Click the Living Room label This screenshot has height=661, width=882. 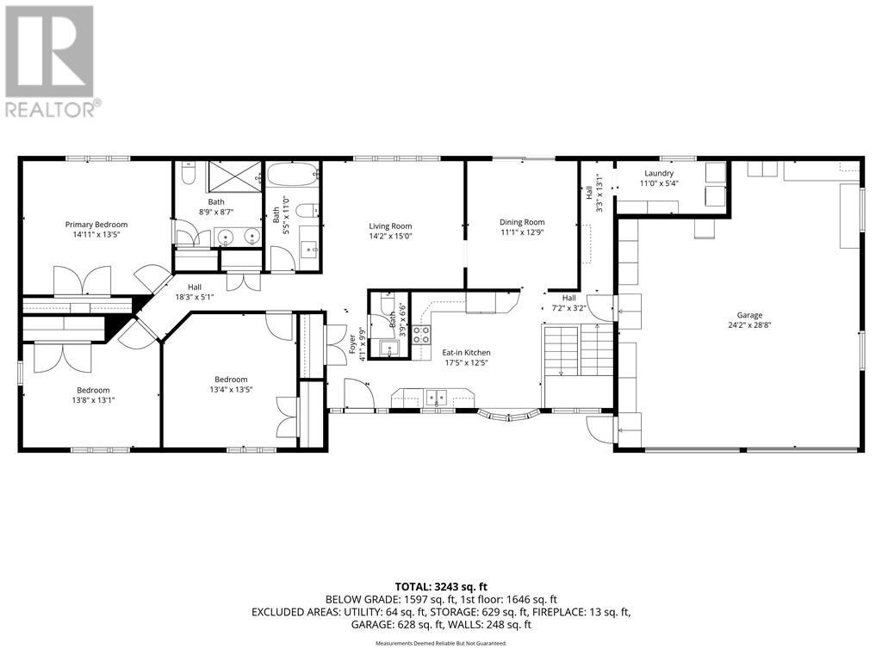pyautogui.click(x=391, y=226)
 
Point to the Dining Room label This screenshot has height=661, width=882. pyautogui.click(x=522, y=222)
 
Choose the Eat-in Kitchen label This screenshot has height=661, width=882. pyautogui.click(x=466, y=353)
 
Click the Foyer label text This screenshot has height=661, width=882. pyautogui.click(x=352, y=343)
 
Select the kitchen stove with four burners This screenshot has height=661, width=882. pyautogui.click(x=421, y=335)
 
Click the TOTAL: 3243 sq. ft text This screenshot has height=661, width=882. pyautogui.click(x=440, y=585)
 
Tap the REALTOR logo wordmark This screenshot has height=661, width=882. pyautogui.click(x=52, y=109)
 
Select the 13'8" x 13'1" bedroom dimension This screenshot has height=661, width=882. pyautogui.click(x=93, y=399)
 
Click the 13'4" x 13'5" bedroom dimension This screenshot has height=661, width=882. pyautogui.click(x=231, y=389)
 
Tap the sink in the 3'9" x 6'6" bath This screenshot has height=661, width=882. pyautogui.click(x=388, y=349)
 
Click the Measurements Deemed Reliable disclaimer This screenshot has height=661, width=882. pyautogui.click(x=440, y=643)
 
